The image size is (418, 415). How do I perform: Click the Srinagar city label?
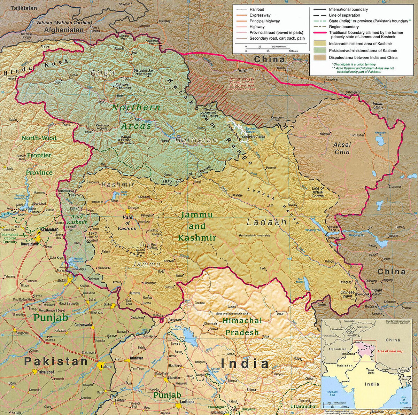133,208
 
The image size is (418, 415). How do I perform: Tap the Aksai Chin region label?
342,148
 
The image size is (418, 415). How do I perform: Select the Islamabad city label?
49,230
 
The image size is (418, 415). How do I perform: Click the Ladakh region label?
266,222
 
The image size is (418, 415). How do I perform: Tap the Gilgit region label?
103,73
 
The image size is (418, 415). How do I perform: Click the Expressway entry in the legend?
260,15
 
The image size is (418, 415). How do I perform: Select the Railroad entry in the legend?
257,9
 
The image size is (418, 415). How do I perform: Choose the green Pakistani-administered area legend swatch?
320,50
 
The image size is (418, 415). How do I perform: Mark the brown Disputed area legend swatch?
320,57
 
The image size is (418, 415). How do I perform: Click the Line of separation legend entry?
344,15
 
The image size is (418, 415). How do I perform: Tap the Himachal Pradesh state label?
242,327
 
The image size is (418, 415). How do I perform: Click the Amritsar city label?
136,358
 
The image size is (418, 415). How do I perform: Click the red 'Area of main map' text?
390,351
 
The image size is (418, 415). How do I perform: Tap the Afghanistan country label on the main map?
64,30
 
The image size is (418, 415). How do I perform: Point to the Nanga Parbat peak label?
126,140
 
